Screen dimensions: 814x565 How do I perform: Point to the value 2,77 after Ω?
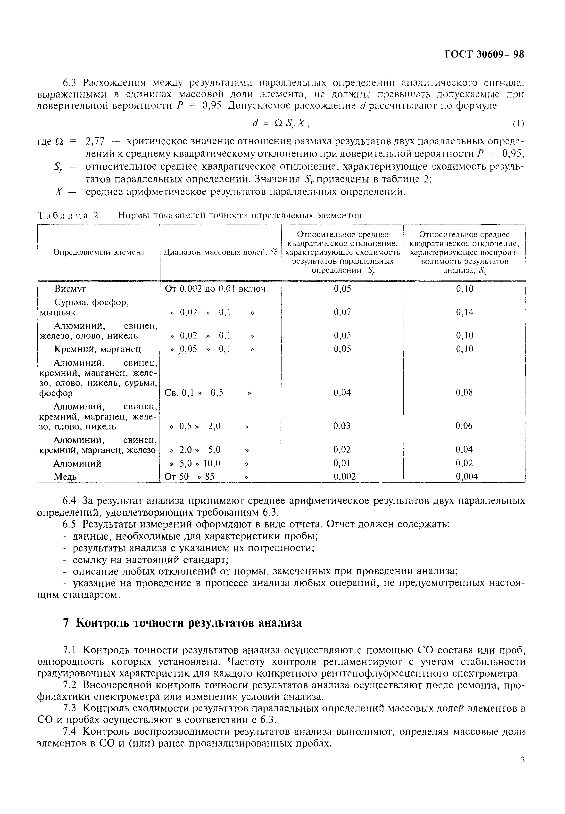coord(95,141)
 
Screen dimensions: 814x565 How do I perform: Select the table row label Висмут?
coord(70,289)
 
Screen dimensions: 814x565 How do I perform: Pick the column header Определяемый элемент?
coord(99,252)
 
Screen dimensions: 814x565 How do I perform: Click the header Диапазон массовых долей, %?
coord(221,252)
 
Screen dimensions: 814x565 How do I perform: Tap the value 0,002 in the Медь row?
coord(344,477)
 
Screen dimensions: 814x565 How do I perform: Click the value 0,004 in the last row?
coord(466,477)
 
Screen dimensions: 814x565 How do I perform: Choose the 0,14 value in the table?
coord(465,312)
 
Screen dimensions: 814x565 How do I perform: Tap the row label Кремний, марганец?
coord(98,349)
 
